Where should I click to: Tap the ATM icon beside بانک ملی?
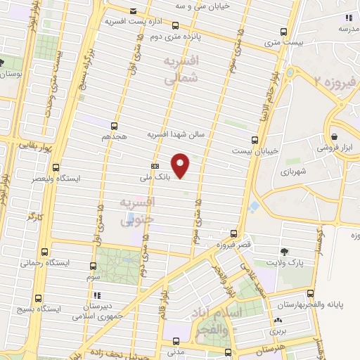(x=154, y=167)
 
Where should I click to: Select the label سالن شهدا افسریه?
(x=176, y=134)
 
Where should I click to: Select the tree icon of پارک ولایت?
(x=284, y=252)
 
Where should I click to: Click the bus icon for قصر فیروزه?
(x=233, y=233)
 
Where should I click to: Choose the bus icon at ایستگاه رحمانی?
(x=46, y=252)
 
